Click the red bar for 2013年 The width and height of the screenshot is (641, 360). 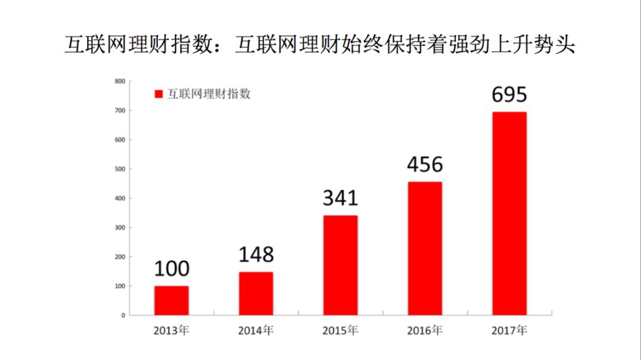coord(172,301)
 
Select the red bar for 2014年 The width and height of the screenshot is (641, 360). coord(256,294)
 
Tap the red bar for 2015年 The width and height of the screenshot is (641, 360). coord(340,265)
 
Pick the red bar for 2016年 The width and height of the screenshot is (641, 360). coord(424,249)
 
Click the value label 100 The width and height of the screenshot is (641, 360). coord(172,269)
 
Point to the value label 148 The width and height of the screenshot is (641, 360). coord(256,254)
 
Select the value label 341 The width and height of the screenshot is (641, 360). coord(340,198)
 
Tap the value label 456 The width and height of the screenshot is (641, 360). coord(425,164)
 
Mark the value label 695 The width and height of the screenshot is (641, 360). coord(509,94)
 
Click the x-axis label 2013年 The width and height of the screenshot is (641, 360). coord(172,330)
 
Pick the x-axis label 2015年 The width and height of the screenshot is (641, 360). coord(340,330)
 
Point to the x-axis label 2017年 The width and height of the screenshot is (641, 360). coord(509,330)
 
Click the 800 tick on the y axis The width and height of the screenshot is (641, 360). coord(120,81)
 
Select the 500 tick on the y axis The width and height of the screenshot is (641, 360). coord(120,169)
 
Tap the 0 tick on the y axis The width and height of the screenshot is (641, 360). coord(123,316)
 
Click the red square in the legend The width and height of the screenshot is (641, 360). coord(158,94)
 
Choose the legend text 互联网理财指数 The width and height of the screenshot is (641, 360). coord(208,94)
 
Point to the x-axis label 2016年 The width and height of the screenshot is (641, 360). coord(424,330)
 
